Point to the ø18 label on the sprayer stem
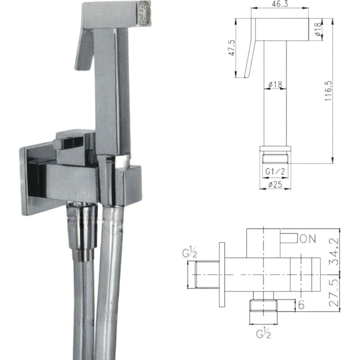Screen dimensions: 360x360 [274, 84]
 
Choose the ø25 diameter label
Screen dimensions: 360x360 [274, 184]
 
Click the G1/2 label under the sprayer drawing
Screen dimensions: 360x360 [274, 171]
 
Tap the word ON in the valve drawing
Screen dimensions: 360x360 [308, 239]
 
